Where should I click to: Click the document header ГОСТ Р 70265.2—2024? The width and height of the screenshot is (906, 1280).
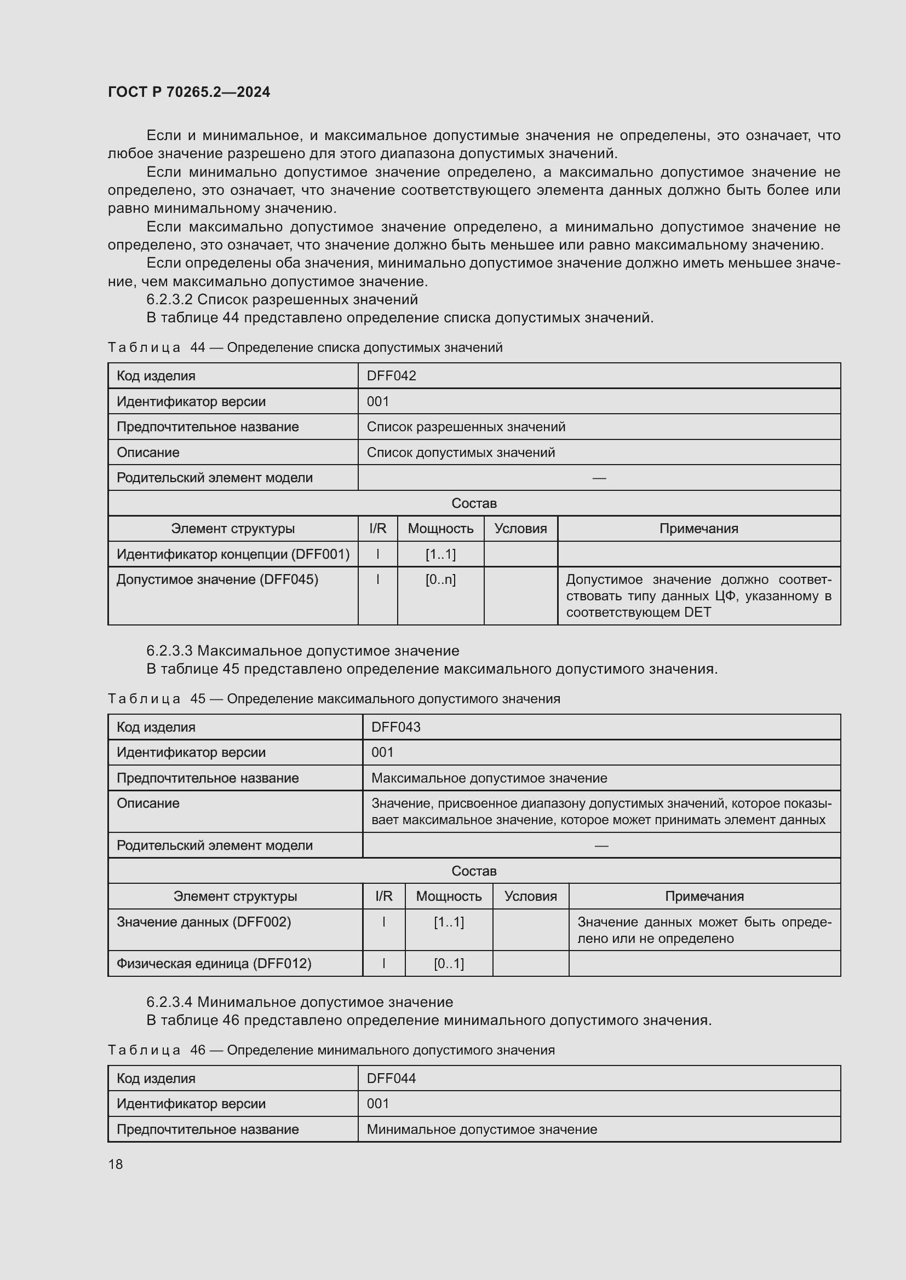click(x=188, y=92)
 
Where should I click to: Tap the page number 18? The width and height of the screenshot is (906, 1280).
click(x=116, y=1164)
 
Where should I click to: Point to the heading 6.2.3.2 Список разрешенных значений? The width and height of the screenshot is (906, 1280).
click(x=282, y=299)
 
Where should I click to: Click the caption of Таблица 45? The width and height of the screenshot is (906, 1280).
click(x=334, y=698)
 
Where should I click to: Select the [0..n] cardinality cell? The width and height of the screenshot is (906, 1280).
click(x=440, y=580)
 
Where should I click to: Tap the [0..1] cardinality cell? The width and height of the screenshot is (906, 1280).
click(x=449, y=963)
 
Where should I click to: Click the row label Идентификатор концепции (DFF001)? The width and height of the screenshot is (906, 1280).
click(x=233, y=554)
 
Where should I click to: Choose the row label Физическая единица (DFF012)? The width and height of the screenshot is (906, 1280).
click(x=214, y=963)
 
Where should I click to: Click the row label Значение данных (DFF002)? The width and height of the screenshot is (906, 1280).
click(x=204, y=922)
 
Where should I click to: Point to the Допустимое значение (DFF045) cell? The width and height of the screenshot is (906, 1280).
click(x=217, y=580)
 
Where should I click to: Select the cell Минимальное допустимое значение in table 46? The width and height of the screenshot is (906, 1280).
click(x=482, y=1130)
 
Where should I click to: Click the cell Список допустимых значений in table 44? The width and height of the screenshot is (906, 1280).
click(x=461, y=452)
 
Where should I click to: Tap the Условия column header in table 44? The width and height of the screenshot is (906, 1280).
click(x=520, y=529)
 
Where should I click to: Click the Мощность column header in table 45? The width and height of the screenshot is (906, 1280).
click(x=449, y=896)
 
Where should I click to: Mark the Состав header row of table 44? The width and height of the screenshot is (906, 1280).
click(x=474, y=503)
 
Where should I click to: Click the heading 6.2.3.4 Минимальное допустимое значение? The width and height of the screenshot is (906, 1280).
click(x=300, y=1002)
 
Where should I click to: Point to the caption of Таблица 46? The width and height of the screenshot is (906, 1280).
click(x=331, y=1050)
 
